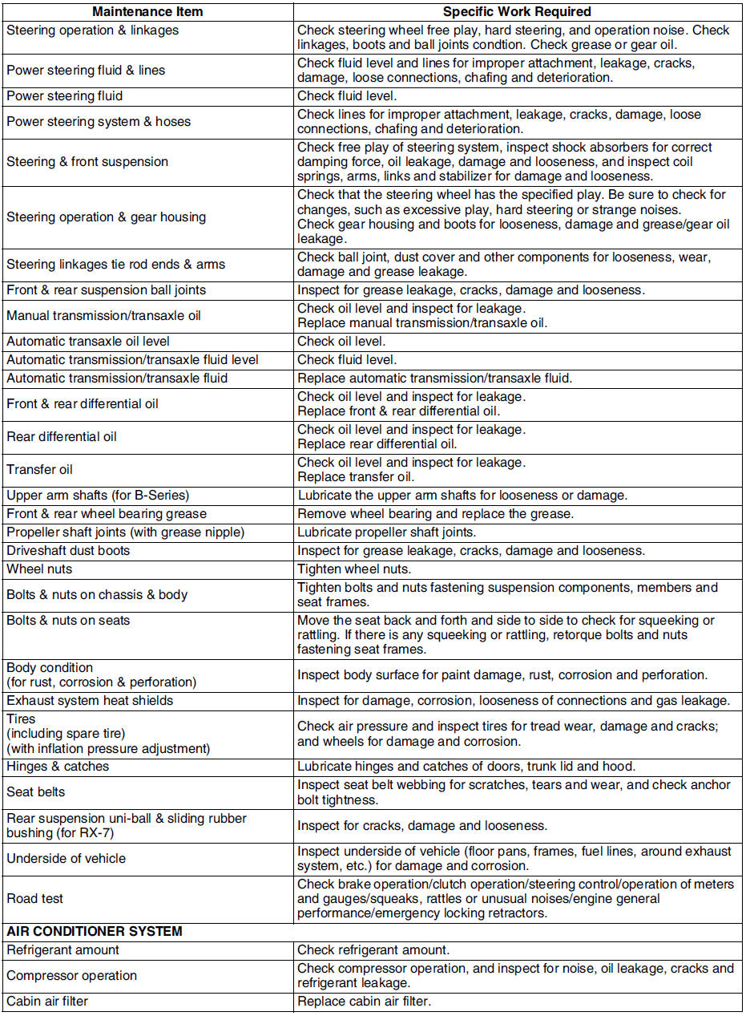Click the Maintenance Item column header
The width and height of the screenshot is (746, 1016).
tap(147, 12)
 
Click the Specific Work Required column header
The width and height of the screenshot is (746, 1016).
tap(517, 12)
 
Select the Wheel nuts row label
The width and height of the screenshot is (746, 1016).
tap(39, 569)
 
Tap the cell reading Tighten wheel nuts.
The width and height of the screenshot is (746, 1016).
tap(354, 569)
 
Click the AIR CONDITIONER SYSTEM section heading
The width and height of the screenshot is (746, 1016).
tap(95, 932)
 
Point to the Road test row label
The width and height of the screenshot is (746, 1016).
tap(35, 899)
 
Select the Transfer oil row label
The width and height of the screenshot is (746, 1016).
tap(40, 470)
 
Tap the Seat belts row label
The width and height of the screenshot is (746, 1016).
tap(36, 792)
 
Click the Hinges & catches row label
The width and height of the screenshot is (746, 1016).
tap(58, 767)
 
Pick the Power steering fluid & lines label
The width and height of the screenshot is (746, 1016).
tap(86, 71)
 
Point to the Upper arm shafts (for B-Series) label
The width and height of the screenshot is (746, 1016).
tap(98, 496)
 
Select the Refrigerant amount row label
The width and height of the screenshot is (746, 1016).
tap(63, 950)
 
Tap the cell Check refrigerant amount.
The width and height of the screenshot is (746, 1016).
tap(373, 950)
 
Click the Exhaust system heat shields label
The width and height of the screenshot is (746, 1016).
tap(90, 701)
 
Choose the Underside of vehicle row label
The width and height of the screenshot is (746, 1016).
tap(67, 859)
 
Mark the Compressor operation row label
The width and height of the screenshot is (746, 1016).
tap(72, 976)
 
